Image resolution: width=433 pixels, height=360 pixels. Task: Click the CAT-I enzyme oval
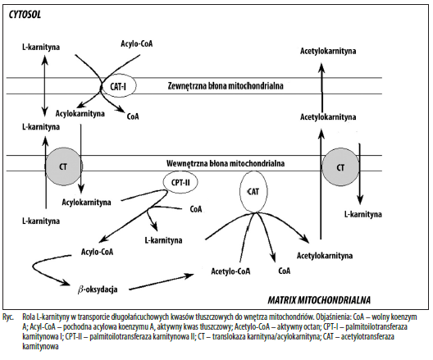pyautogui.click(x=118, y=86)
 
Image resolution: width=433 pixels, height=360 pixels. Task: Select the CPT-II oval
pyautogui.click(x=180, y=183)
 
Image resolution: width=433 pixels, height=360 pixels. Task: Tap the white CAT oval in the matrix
pyautogui.click(x=253, y=192)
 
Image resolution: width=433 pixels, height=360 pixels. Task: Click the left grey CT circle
pyautogui.click(x=63, y=166)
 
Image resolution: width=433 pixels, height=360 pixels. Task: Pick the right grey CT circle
pyautogui.click(x=340, y=167)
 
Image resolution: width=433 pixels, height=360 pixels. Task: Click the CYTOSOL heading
pyautogui.click(x=25, y=15)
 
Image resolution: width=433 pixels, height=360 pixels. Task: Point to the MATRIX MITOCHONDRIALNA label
pyautogui.click(x=319, y=300)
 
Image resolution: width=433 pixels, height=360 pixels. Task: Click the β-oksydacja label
pyautogui.click(x=98, y=289)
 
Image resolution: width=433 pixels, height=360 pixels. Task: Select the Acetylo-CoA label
pyautogui.click(x=230, y=271)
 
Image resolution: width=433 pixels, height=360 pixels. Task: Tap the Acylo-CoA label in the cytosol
pyautogui.click(x=137, y=43)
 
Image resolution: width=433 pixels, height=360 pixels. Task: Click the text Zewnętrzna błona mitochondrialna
pyautogui.click(x=226, y=86)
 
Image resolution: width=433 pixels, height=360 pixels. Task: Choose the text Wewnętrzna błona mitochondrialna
pyautogui.click(x=226, y=163)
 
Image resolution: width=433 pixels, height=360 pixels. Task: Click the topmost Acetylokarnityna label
pyautogui.click(x=328, y=51)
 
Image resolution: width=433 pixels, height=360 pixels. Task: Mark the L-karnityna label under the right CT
pyautogui.click(x=362, y=214)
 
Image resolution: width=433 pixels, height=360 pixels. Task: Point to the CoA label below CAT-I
pyautogui.click(x=133, y=116)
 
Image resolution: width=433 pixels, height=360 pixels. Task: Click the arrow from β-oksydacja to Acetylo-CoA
pyautogui.click(x=162, y=282)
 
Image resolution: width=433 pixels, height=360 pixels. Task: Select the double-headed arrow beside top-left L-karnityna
pyautogui.click(x=45, y=85)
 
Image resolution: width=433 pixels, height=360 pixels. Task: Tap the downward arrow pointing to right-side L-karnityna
pyautogui.click(x=359, y=174)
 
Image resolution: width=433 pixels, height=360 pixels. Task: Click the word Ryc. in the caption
pyautogui.click(x=8, y=317)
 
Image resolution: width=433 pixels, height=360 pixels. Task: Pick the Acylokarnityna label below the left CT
pyautogui.click(x=86, y=203)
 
